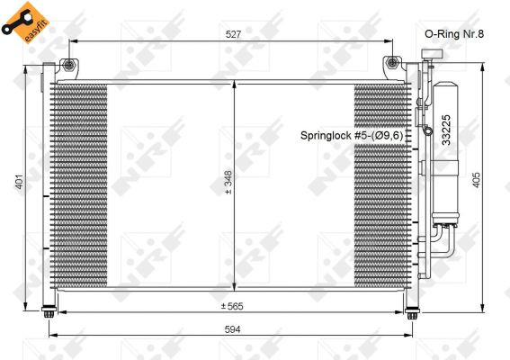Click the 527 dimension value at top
(233, 34)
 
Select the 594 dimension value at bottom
(233, 329)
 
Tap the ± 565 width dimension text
(232, 306)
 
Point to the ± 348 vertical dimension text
(228, 183)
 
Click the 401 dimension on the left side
(20, 182)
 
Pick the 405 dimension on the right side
(476, 180)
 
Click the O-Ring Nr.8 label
(454, 34)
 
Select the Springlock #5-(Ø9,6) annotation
(352, 135)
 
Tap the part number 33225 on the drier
(446, 130)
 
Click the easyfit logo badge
(24, 22)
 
